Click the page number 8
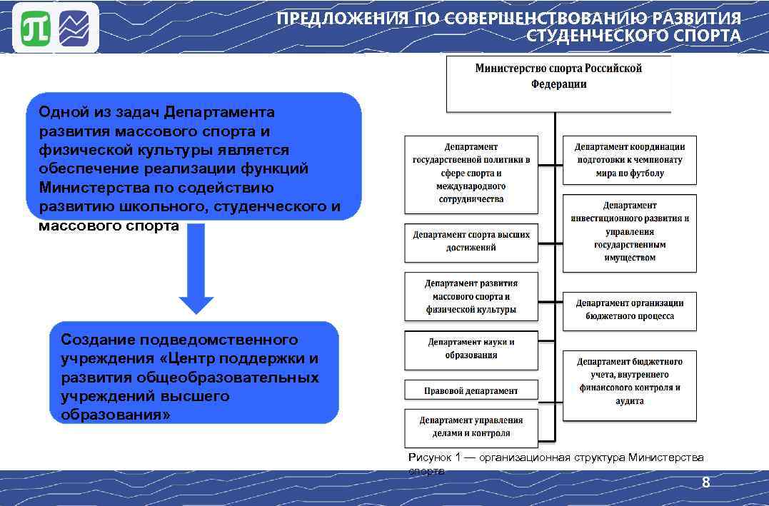tap(705, 483)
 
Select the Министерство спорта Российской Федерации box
tap(558, 84)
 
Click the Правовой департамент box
tap(471, 390)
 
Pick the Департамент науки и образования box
tap(471, 349)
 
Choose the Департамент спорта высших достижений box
tap(471, 241)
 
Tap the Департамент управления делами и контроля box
tap(471, 427)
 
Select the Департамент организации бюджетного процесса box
tap(629, 310)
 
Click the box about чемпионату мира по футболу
tap(629, 160)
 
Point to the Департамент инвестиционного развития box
tap(629, 232)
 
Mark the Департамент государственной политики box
tap(471, 173)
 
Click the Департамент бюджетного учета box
tap(629, 382)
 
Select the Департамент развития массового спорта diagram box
tap(471, 296)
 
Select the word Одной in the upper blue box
tap(64, 112)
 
